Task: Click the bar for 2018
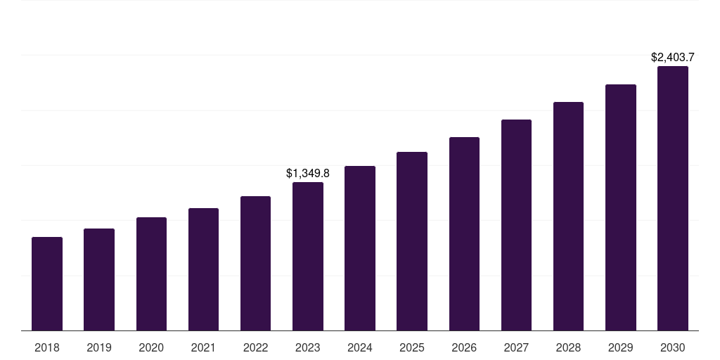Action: point(47,284)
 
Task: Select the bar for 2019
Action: point(99,280)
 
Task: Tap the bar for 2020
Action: point(151,274)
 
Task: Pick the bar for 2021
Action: point(203,269)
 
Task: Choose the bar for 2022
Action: point(255,264)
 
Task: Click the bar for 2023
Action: point(308,257)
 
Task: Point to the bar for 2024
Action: point(360,248)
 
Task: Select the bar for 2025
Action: point(412,241)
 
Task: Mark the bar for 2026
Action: point(464,234)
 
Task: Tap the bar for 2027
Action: point(516,225)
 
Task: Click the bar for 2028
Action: point(568,217)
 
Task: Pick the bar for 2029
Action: point(620,207)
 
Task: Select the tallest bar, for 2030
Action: point(673,198)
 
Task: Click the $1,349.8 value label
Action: point(308,173)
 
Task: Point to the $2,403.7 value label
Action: point(673,57)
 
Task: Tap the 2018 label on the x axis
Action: point(47,347)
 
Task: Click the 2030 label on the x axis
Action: point(673,347)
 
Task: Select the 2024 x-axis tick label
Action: point(360,347)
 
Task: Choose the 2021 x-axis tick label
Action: point(203,347)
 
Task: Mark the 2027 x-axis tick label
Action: point(516,347)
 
